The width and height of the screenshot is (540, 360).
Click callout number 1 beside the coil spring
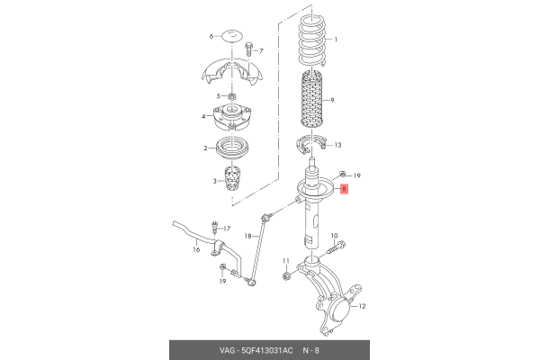pos(335,40)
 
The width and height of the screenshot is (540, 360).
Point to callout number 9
pos(332,100)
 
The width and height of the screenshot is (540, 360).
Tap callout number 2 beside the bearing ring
pos(205,148)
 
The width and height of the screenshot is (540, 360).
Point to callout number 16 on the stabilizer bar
pos(196,249)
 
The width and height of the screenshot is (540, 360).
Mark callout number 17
pos(226,229)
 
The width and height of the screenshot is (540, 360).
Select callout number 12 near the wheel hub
pos(363,307)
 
